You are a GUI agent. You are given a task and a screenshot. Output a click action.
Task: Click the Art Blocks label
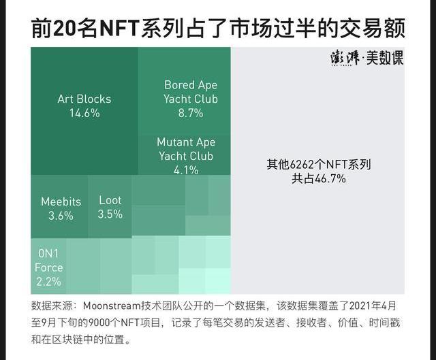coord(84,99)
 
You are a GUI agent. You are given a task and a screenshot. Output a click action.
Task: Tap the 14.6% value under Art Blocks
coord(84,113)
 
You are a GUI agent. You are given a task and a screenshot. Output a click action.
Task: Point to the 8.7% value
coord(191,113)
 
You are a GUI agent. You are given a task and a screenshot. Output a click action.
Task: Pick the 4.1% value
coord(186,170)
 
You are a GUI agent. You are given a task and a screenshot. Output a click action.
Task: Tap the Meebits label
coord(61,201)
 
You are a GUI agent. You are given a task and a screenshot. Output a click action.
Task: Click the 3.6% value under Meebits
coord(61,216)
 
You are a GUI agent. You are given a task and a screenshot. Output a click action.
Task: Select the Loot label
coord(110,200)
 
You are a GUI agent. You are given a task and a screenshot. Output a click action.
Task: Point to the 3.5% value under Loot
coord(110,214)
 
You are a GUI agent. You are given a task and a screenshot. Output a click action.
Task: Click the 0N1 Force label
coord(48,260)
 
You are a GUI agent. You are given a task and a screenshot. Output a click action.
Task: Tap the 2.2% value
coord(48,282)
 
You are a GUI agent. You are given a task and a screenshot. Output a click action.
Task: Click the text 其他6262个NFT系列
coord(318,164)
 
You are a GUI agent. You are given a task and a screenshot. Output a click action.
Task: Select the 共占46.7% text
coord(318,179)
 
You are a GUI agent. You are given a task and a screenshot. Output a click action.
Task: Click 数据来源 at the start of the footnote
coord(52,306)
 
